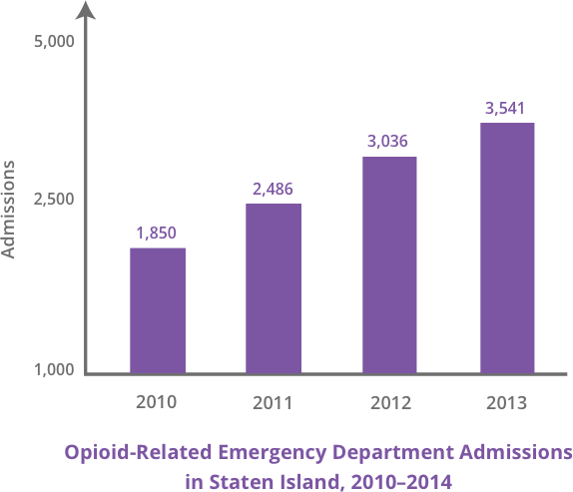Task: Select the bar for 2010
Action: (157, 309)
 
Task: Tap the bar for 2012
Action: (388, 264)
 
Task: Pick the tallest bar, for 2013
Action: (506, 247)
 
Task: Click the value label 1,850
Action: (157, 234)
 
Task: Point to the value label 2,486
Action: (273, 189)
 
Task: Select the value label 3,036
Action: (388, 142)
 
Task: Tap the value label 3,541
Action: (505, 108)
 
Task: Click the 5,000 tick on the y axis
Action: (55, 44)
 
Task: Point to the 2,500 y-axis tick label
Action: (55, 201)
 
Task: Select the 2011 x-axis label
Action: (273, 403)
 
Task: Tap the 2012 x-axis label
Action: (388, 403)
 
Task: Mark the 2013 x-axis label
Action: (505, 403)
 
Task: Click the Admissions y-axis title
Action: (9, 209)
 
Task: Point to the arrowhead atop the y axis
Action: (87, 10)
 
